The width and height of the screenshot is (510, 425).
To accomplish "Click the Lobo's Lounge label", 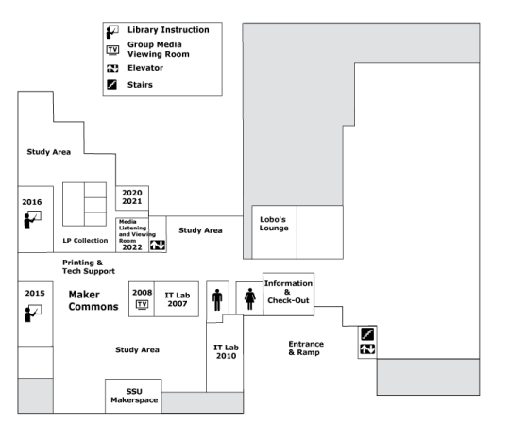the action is point(274,224).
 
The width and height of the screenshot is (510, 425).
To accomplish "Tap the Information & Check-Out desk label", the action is point(288,292).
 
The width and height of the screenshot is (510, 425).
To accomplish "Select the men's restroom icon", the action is point(217,299).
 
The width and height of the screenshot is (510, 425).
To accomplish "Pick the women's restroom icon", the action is point(249,298).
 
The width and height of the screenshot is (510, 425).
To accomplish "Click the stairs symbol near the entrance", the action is point(367,334).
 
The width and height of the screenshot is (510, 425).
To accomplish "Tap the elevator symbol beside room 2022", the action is point(158,245).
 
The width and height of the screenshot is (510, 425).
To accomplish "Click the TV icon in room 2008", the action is point(142,305).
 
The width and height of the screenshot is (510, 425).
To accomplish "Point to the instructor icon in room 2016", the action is point(32,219).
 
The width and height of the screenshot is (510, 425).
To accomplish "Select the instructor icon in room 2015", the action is point(33,314).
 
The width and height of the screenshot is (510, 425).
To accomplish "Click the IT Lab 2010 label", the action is point(226,351).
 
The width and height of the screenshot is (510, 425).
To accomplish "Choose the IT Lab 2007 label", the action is point(178,299).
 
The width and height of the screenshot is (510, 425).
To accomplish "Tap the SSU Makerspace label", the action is point(134,396).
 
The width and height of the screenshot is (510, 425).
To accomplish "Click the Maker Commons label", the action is point(93,300).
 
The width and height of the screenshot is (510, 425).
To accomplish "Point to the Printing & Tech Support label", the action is point(89,266).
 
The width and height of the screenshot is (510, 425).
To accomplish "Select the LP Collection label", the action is point(85,240).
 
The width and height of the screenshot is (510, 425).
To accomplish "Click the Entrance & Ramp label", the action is point(306,348).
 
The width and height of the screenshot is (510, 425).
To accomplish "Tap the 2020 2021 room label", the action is point(131,197).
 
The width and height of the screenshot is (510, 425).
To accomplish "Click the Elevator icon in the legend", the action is point(112,68).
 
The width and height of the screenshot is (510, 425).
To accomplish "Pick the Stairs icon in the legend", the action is point(111,85).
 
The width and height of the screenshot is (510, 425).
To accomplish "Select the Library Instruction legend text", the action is point(168,30).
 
